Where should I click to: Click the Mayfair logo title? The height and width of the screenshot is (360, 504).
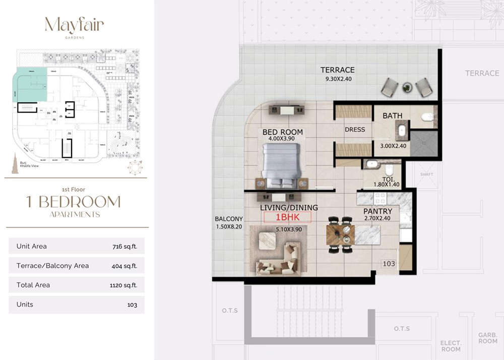coord(74,25)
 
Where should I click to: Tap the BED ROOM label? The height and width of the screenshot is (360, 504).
coord(283,132)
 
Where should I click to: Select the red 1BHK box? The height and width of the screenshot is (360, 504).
coord(288,217)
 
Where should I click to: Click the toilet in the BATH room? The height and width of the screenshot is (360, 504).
coord(427,117)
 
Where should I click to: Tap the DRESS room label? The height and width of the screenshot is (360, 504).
coord(355,130)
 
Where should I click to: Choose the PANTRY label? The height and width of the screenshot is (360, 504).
coord(378,211)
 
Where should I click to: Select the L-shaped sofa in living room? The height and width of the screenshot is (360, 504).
coord(278,260)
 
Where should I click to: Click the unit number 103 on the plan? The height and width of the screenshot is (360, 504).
coord(389,264)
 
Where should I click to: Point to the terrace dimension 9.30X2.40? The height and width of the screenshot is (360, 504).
coord(338,79)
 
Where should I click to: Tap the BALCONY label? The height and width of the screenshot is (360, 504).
coord(229,219)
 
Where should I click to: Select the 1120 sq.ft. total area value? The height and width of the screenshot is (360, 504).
coord(123,285)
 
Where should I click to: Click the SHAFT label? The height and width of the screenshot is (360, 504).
coord(426,174)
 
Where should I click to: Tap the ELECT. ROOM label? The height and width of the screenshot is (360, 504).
coord(450,346)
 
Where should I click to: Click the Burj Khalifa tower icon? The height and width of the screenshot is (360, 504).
coord(15,164)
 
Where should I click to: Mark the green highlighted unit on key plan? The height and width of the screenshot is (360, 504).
coord(31,84)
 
